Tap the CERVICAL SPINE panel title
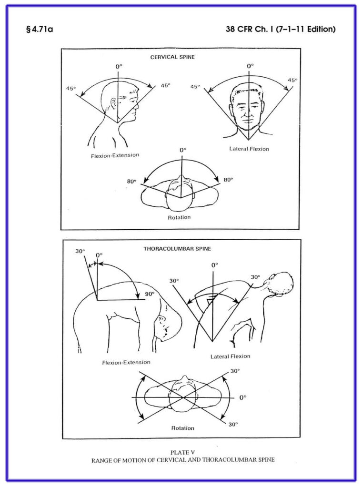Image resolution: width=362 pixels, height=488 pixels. pyautogui.click(x=179, y=57)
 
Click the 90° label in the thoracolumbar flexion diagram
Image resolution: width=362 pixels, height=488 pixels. pyautogui.click(x=150, y=294)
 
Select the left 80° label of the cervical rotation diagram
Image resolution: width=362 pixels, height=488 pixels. pyautogui.click(x=132, y=182)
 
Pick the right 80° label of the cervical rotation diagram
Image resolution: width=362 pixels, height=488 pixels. pyautogui.click(x=228, y=180)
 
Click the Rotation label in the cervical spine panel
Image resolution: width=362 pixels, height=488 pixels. pyautogui.click(x=179, y=217)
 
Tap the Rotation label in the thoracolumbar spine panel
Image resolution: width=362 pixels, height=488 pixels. pyautogui.click(x=182, y=428)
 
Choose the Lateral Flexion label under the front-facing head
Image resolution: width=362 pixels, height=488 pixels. pyautogui.click(x=249, y=149)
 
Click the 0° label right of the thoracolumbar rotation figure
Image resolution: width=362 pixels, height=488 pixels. pyautogui.click(x=243, y=397)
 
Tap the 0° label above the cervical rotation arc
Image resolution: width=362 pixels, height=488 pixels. pyautogui.click(x=183, y=150)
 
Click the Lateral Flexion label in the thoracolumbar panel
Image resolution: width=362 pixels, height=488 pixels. pyautogui.click(x=230, y=356)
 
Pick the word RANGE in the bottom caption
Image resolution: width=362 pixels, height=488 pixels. pyautogui.click(x=104, y=460)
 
